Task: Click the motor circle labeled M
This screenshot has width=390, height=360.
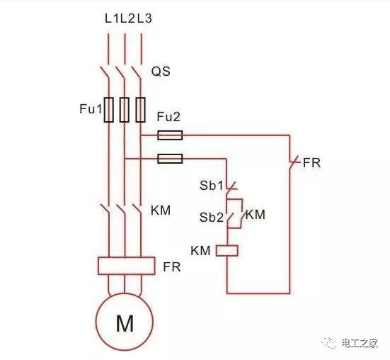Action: tap(125, 324)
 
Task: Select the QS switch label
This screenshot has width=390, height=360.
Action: tap(161, 72)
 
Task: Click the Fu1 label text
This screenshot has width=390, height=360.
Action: tap(90, 110)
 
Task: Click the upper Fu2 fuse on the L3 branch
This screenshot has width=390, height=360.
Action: tap(169, 135)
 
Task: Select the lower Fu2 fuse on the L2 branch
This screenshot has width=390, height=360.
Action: tap(169, 159)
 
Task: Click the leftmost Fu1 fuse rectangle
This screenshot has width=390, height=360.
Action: tap(108, 110)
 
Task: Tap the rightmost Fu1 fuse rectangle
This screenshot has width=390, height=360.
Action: tap(141, 110)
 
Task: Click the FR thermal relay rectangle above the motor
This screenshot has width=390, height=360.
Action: tap(125, 266)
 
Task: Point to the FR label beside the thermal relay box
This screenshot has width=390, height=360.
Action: tap(171, 267)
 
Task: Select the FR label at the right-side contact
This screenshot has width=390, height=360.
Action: tap(311, 163)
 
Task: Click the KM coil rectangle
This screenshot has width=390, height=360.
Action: tap(226, 250)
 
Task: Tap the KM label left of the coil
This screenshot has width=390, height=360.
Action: tap(200, 250)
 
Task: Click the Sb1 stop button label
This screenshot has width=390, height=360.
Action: tap(210, 186)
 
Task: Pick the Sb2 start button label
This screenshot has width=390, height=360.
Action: tap(210, 218)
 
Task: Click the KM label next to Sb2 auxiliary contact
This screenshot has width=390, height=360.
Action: tap(256, 214)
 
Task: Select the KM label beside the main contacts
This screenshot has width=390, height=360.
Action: tap(161, 210)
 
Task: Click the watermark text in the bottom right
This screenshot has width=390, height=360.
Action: tap(358, 343)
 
